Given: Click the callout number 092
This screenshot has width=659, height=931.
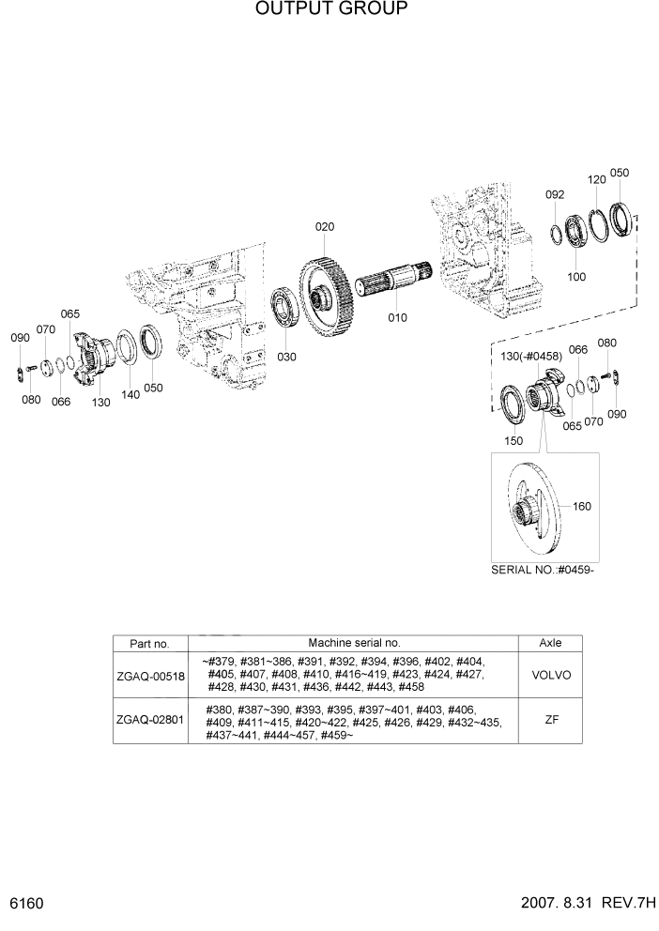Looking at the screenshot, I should pyautogui.click(x=555, y=195).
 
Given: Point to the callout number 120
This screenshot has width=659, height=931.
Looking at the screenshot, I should pyautogui.click(x=596, y=179).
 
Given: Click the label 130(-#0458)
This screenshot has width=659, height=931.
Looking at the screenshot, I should pyautogui.click(x=531, y=357).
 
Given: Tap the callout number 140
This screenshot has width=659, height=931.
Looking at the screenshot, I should pyautogui.click(x=130, y=395).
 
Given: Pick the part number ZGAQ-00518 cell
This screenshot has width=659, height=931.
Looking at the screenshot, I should pyautogui.click(x=150, y=675).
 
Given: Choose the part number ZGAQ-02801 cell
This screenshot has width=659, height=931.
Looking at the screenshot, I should pyautogui.click(x=150, y=722).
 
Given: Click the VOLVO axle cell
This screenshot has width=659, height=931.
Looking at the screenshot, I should pyautogui.click(x=550, y=675).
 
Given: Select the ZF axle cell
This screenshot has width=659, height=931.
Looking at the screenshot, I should pyautogui.click(x=550, y=722).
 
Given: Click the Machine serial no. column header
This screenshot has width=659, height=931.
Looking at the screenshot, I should pyautogui.click(x=353, y=643).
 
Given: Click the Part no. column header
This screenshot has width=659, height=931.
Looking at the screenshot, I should pyautogui.click(x=150, y=644).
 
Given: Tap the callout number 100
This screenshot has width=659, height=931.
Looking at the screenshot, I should pyautogui.click(x=576, y=277).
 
